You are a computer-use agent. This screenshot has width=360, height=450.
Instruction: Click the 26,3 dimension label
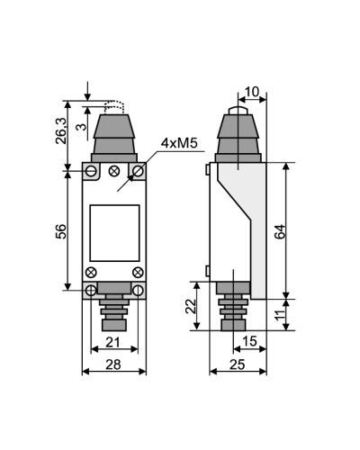pyautogui.click(x=61, y=130)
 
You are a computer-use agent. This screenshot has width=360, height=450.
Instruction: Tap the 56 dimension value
pyautogui.click(x=61, y=231)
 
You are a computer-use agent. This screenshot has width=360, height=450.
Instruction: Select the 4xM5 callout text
pyautogui.click(x=179, y=143)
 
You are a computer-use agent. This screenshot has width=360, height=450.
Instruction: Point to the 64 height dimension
pyautogui.click(x=280, y=231)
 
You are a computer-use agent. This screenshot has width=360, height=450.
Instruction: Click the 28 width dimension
pyautogui.click(x=113, y=364)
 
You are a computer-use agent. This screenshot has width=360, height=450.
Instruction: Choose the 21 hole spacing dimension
pyautogui.click(x=112, y=342)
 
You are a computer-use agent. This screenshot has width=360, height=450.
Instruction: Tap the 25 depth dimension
pyautogui.click(x=238, y=364)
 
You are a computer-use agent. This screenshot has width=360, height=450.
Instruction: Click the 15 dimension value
pyautogui.click(x=249, y=341)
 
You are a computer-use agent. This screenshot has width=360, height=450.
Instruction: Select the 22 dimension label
pyautogui.click(x=191, y=306)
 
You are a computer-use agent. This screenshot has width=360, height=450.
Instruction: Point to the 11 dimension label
pyautogui.click(x=280, y=315)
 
